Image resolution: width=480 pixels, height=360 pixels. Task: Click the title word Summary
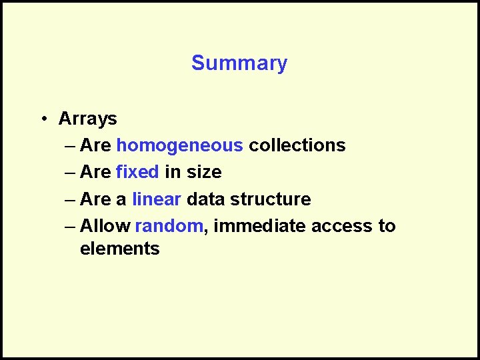tap(239, 63)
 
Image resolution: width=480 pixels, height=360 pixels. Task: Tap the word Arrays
tap(87, 119)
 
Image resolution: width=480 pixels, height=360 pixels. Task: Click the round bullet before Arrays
tap(42, 119)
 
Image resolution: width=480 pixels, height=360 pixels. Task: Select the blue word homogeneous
tap(179, 145)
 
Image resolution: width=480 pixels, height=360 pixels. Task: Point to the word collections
tap(297, 145)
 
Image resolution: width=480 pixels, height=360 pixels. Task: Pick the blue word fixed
tap(137, 172)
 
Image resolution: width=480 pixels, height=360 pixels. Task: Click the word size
tap(203, 172)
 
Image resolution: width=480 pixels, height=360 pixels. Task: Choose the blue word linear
tap(157, 199)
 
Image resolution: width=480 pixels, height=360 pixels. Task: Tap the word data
tap(207, 199)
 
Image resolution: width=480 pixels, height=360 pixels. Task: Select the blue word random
tap(169, 226)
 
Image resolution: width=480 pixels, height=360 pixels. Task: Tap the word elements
tap(119, 249)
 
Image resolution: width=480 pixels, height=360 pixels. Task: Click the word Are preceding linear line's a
tap(95, 199)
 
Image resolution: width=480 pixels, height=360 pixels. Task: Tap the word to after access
tap(387, 226)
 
